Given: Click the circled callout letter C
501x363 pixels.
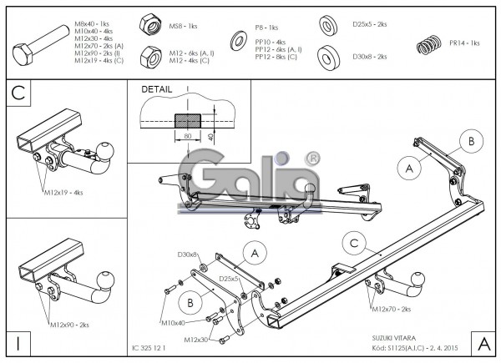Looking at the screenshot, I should pyautogui.click(x=354, y=242).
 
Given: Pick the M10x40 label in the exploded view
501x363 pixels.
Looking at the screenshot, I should pyautogui.click(x=171, y=321).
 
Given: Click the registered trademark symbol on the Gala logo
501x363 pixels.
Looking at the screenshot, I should pyautogui.click(x=311, y=157).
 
